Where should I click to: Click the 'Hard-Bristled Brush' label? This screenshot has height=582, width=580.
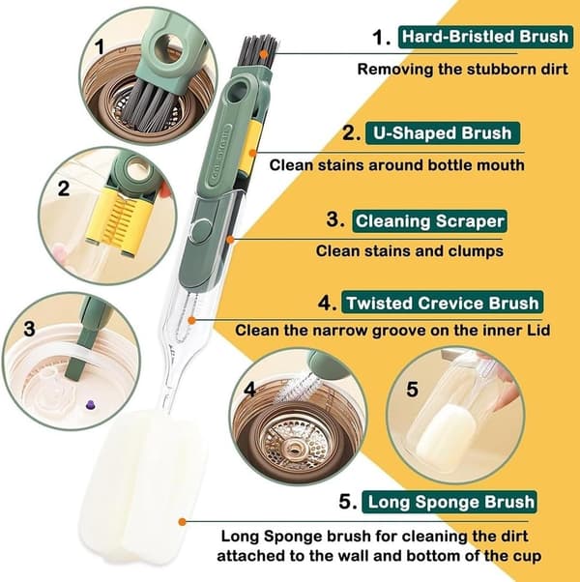pyautogui.click(x=485, y=37)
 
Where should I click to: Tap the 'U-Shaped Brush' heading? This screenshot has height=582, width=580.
pyautogui.click(x=443, y=133)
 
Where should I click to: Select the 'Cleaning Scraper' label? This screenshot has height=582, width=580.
pyautogui.click(x=430, y=221)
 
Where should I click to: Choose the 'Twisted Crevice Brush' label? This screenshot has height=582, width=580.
pyautogui.click(x=443, y=303)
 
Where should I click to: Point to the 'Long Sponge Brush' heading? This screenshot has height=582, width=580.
pyautogui.click(x=449, y=502)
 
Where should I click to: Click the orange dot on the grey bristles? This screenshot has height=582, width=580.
pyautogui.click(x=264, y=54)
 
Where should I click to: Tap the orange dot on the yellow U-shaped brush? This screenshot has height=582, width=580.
pyautogui.click(x=252, y=153)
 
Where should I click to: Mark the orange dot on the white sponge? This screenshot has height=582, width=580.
pyautogui.click(x=182, y=522)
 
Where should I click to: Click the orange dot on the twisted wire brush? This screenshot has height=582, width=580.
pyautogui.click(x=191, y=320)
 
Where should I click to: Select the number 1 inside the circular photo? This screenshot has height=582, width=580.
pyautogui.click(x=100, y=48)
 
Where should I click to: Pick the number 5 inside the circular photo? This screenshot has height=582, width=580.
pyautogui.click(x=412, y=390)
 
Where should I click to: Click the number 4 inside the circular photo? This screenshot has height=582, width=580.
pyautogui.click(x=249, y=390)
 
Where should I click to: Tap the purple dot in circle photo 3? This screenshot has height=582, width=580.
pyautogui.click(x=90, y=405)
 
